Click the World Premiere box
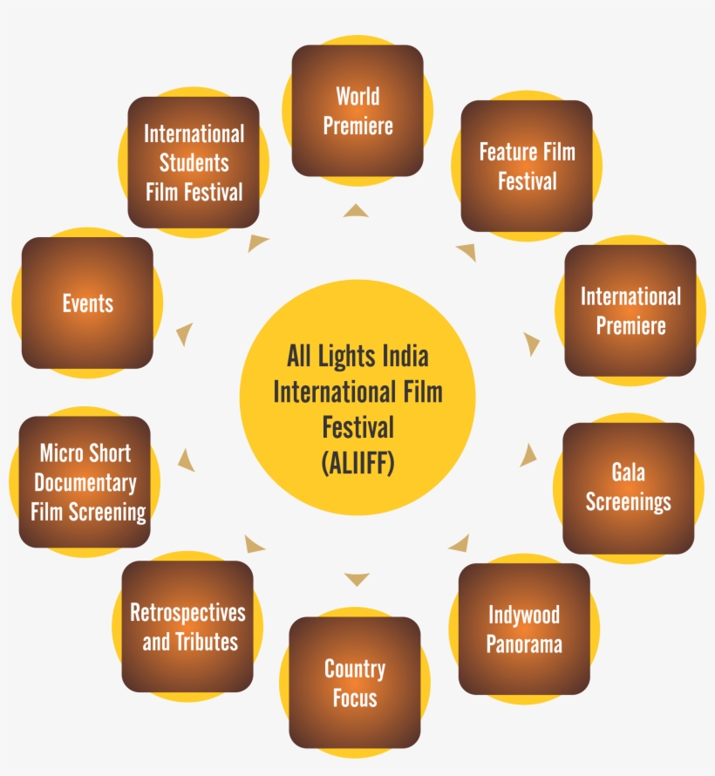click(357, 111)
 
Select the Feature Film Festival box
click(527, 166)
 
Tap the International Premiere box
click(630, 310)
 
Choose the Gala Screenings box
click(628, 487)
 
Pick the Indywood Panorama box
click(523, 629)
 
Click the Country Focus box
click(355, 683)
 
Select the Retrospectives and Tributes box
click(188, 627)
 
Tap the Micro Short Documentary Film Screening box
click(85, 481)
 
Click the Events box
click(87, 303)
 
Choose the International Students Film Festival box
click(194, 162)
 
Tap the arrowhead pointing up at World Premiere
click(356, 210)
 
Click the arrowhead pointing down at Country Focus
click(357, 580)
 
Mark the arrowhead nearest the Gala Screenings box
click(528, 454)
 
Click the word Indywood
click(523, 615)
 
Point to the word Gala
click(628, 473)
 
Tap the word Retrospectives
click(188, 612)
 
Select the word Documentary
click(85, 482)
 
